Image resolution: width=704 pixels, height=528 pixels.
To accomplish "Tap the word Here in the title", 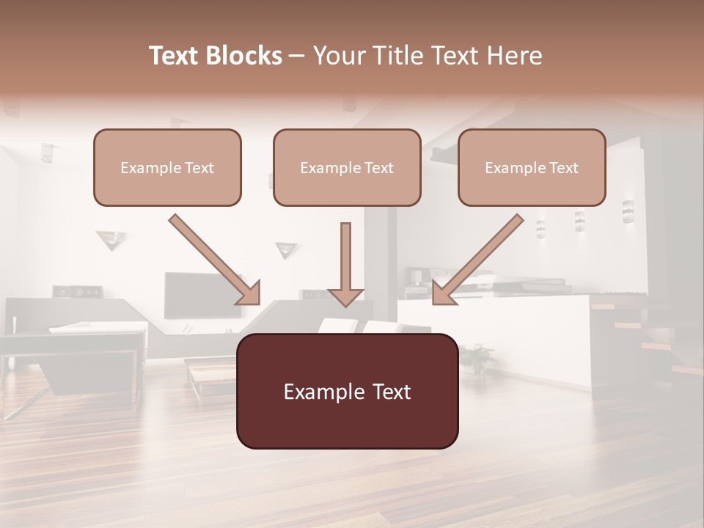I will pyautogui.click(x=516, y=56).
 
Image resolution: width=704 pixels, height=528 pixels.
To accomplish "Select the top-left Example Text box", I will pyautogui.click(x=167, y=167).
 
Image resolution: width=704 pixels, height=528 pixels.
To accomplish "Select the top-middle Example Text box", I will pyautogui.click(x=347, y=167).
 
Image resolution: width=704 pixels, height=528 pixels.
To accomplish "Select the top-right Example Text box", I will pyautogui.click(x=532, y=167).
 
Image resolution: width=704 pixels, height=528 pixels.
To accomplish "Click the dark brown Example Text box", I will pyautogui.click(x=347, y=391).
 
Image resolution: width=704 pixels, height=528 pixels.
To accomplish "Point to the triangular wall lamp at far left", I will pyautogui.click(x=111, y=239).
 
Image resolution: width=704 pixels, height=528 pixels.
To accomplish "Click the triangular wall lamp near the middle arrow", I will pyautogui.click(x=286, y=249).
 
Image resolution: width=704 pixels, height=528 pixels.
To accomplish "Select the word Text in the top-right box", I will pyautogui.click(x=563, y=168).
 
